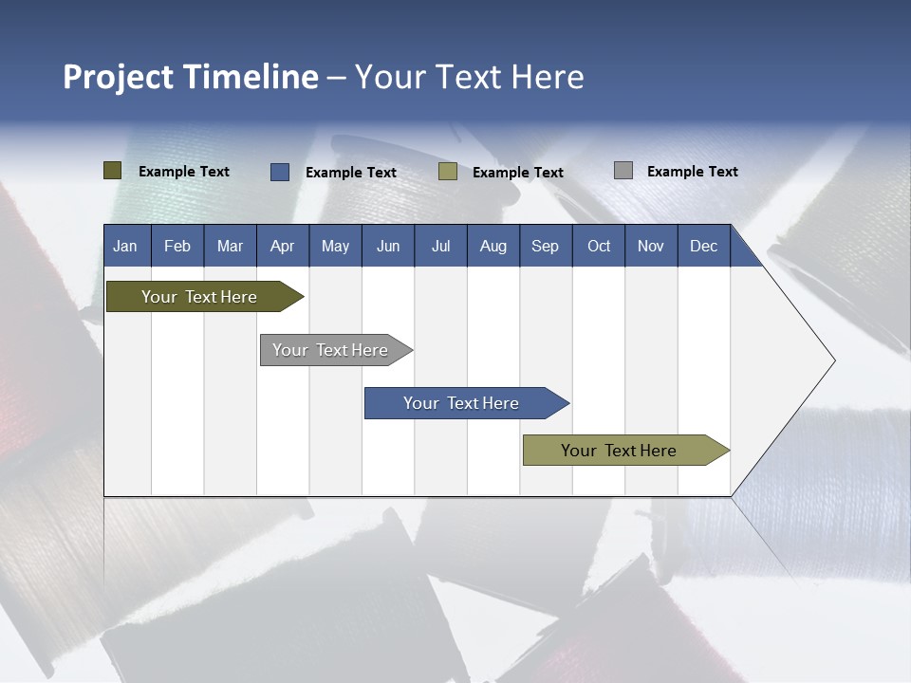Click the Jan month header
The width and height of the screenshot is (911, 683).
point(126,246)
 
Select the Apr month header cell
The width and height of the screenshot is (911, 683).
point(283,246)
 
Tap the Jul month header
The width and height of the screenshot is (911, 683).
point(440,246)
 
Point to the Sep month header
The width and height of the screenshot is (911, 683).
point(545,246)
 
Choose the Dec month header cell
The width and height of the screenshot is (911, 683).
point(703,246)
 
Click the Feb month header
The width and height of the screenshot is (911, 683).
point(177,246)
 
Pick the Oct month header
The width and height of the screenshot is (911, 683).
point(599,246)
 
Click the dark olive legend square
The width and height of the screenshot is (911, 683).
point(113,171)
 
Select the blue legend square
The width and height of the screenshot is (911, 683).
point(280,172)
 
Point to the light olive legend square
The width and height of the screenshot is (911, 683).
point(448,172)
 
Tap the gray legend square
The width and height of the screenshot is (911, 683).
point(623,171)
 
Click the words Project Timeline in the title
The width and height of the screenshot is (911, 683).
point(190,77)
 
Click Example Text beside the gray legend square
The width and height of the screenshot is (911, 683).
point(692,172)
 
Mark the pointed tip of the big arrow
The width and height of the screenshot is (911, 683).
point(833,360)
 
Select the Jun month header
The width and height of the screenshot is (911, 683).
point(388,246)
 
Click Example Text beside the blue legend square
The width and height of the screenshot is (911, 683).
point(350,173)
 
